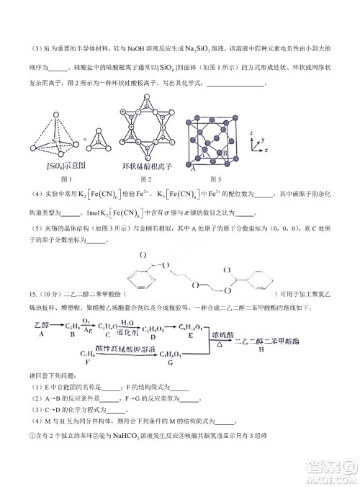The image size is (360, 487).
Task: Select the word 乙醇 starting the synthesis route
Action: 42,326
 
